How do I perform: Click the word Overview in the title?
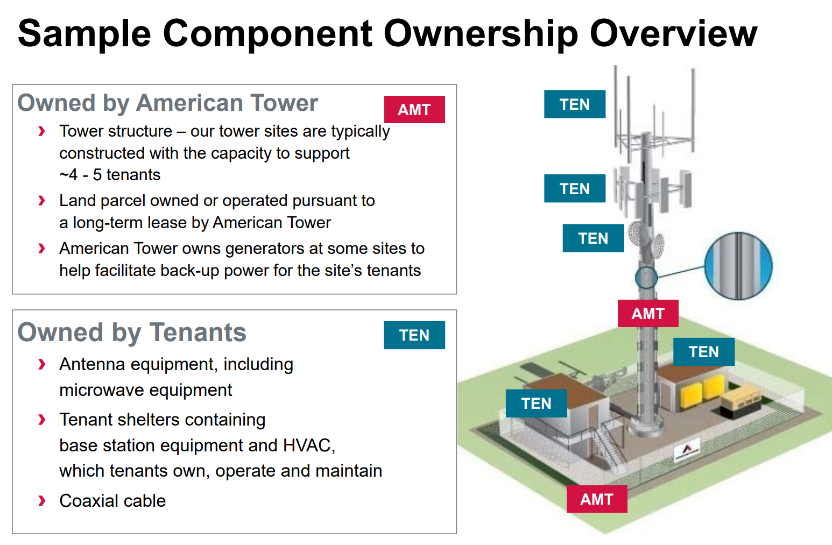point(673,33)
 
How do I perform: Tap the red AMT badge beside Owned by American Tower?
point(414,110)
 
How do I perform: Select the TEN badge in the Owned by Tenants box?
point(414,335)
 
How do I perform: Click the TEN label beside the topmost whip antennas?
point(575,104)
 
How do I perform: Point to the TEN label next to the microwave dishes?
point(593,238)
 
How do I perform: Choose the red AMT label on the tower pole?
point(648,314)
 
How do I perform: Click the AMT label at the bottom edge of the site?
point(597,499)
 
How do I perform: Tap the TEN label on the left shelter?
point(537,404)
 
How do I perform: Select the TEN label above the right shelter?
point(704,352)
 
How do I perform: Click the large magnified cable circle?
point(738,266)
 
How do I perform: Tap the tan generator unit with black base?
point(741,405)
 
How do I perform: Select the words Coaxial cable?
point(112,501)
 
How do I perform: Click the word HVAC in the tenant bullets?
point(309,445)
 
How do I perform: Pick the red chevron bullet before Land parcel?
point(41,201)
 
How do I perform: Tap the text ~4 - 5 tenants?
point(110,175)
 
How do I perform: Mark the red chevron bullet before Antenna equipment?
point(41,365)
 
